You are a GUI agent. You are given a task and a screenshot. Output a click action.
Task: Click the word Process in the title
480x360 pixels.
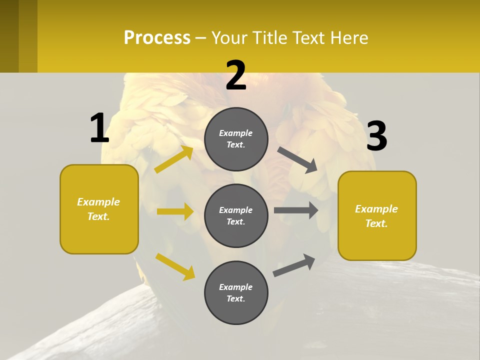point(157,38)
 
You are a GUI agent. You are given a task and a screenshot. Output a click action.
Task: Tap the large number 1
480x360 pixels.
point(99,128)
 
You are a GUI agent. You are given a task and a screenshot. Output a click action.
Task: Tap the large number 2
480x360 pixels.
point(236,76)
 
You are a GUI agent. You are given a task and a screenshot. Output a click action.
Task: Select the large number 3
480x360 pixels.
point(376,136)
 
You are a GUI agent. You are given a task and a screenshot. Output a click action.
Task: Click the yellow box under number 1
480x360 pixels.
point(99,209)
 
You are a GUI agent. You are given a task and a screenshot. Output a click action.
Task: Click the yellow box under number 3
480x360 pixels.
point(377,216)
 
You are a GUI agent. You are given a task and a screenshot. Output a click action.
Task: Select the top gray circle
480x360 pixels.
point(236,139)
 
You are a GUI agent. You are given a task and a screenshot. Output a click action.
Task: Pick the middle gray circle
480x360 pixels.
point(236,215)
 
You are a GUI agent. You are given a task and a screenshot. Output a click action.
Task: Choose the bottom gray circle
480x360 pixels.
point(236,292)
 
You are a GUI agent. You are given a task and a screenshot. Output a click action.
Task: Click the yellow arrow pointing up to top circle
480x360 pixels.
point(173,159)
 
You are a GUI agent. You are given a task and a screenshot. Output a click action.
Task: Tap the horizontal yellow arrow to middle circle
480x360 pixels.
point(175,211)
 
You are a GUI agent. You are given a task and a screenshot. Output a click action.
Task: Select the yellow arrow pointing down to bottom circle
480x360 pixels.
point(175,266)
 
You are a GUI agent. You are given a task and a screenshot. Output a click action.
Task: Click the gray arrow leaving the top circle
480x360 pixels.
point(297,160)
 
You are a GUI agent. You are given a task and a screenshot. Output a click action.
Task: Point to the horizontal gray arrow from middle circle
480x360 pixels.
point(296,210)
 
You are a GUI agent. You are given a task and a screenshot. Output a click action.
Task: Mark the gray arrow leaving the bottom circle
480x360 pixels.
point(294,265)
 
